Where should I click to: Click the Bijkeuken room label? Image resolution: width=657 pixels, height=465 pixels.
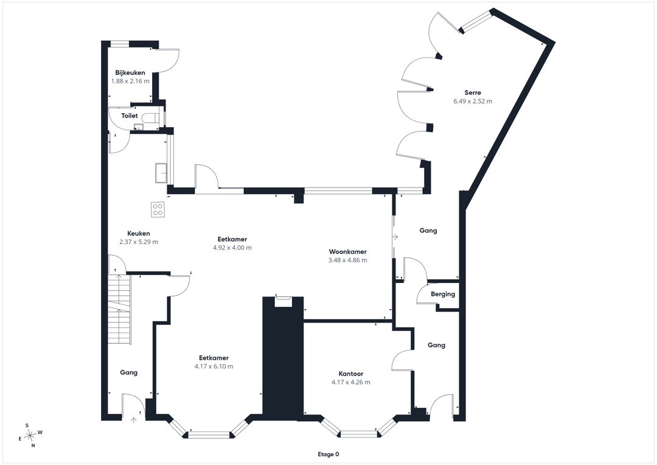pyautogui.click(x=130, y=72)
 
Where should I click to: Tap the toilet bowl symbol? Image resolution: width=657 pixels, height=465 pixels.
pyautogui.click(x=150, y=118)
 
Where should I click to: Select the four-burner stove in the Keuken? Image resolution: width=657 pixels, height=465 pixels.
pyautogui.click(x=158, y=209)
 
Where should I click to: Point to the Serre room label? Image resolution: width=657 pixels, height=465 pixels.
pyautogui.click(x=473, y=93)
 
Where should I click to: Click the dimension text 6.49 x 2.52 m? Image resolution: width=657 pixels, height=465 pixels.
pyautogui.click(x=473, y=101)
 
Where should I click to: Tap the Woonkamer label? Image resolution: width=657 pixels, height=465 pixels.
pyautogui.click(x=348, y=251)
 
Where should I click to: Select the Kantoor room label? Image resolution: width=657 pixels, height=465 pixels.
pyautogui.click(x=351, y=374)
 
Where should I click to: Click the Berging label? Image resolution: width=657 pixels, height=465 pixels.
pyautogui.click(x=443, y=294)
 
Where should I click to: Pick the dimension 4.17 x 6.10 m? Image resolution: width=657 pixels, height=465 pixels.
pyautogui.click(x=214, y=366)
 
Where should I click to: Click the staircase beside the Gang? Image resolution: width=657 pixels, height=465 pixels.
pyautogui.click(x=120, y=308)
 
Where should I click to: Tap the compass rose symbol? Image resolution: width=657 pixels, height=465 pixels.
pyautogui.click(x=30, y=436)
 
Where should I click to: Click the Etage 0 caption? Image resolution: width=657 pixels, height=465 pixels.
pyautogui.click(x=328, y=454)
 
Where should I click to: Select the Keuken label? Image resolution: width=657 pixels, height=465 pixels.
pyautogui.click(x=138, y=234)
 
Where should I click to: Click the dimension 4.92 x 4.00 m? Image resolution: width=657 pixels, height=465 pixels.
pyautogui.click(x=232, y=248)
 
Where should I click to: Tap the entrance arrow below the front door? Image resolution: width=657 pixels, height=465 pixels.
pyautogui.click(x=134, y=420)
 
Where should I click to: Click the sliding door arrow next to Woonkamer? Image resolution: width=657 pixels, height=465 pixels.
pyautogui.click(x=394, y=237)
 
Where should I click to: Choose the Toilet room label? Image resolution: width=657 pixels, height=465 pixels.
pyautogui.click(x=130, y=116)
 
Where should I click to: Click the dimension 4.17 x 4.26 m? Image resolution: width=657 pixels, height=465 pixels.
pyautogui.click(x=351, y=382)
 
